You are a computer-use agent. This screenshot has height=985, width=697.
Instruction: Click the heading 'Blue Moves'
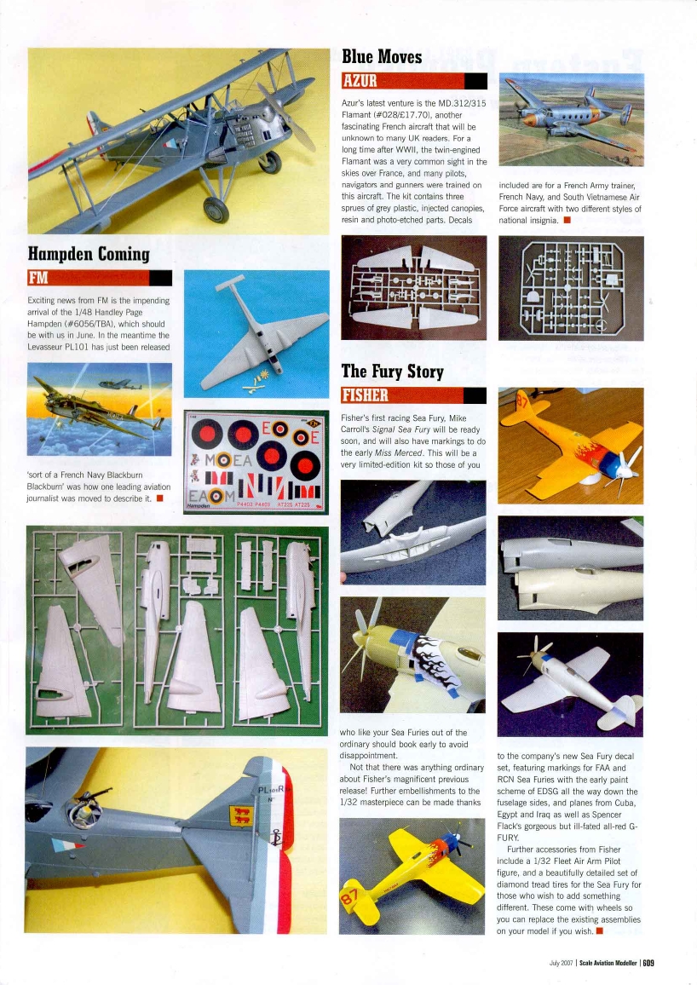pos(381,57)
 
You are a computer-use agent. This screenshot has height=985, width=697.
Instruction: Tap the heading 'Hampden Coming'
pos(89,254)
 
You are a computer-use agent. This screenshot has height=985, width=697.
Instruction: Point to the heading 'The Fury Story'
pos(392,371)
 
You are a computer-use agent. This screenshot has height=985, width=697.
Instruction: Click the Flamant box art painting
pos(570,119)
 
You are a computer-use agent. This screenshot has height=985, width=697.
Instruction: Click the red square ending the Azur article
pos(567,221)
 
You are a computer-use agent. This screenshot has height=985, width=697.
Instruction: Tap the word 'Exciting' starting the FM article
pos(43,301)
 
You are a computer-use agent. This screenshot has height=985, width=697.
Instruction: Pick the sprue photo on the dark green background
pos(178,629)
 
